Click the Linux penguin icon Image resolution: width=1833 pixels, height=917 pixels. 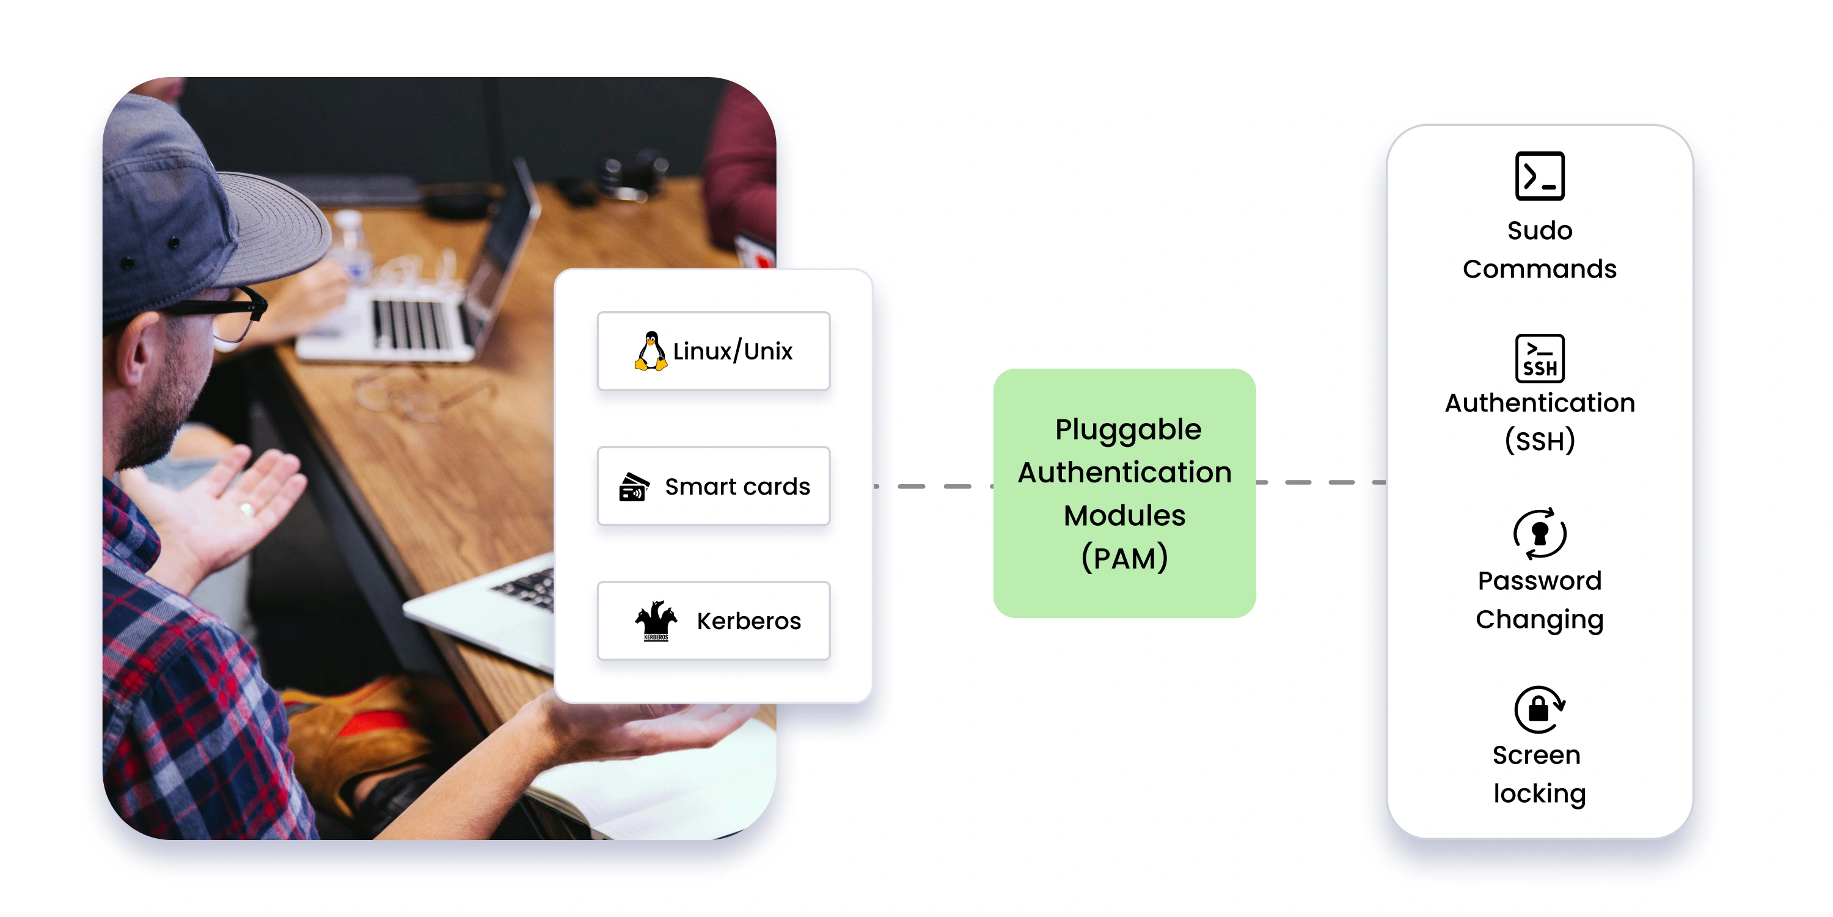tap(650, 351)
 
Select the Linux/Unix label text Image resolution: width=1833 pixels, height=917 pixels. tap(733, 351)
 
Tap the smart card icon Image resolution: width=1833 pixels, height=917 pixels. tap(633, 487)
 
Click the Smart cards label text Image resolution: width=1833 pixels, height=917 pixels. tap(737, 487)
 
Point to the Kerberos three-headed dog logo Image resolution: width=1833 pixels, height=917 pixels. tap(656, 621)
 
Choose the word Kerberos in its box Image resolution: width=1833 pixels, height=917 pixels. tap(748, 622)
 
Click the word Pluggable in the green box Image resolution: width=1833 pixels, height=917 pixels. tap(1128, 430)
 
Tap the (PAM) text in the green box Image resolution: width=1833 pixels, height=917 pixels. tap(1124, 558)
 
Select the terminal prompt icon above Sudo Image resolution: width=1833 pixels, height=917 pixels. tap(1539, 176)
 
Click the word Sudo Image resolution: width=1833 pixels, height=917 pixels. tap(1539, 230)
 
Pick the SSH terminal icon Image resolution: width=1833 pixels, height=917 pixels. tap(1539, 358)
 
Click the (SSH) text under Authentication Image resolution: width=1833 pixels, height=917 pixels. tap(1539, 441)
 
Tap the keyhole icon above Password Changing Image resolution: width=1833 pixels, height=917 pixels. tap(1539, 533)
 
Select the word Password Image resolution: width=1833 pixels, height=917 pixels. tap(1539, 581)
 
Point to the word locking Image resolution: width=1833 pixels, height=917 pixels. tap(1539, 794)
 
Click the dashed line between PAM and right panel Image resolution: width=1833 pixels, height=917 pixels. tap(1320, 483)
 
